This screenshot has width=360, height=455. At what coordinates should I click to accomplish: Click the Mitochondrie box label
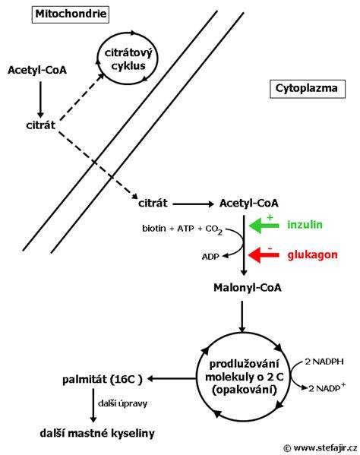(x=71, y=14)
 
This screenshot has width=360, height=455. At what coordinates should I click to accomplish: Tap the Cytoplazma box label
(x=308, y=89)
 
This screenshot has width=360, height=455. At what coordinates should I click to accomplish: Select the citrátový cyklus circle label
(x=128, y=59)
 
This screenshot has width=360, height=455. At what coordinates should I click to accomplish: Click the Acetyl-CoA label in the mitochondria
(x=37, y=70)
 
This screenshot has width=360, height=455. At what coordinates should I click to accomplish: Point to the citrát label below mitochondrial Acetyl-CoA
(x=40, y=125)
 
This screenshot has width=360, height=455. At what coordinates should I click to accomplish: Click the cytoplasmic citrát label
(x=153, y=203)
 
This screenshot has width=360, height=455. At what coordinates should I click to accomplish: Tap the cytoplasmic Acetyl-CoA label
(x=249, y=203)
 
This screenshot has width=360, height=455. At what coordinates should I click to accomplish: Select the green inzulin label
(x=305, y=225)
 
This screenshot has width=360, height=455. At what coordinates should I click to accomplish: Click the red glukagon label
(x=313, y=254)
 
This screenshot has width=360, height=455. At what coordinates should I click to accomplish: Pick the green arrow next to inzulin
(x=264, y=226)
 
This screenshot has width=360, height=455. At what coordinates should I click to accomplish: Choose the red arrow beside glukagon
(x=264, y=255)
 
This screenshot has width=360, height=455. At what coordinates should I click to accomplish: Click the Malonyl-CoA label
(x=248, y=288)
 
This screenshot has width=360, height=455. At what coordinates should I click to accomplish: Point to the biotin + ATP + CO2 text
(x=182, y=229)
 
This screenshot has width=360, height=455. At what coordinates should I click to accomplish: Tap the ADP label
(x=210, y=257)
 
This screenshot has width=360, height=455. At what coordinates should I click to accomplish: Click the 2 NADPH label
(x=324, y=362)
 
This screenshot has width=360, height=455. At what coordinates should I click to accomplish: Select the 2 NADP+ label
(x=327, y=387)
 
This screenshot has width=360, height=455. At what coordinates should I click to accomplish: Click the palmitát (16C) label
(x=103, y=379)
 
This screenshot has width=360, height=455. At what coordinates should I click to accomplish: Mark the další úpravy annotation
(x=123, y=403)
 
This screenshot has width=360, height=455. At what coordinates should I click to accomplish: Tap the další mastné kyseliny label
(x=97, y=434)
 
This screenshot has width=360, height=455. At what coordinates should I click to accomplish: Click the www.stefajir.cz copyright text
(x=320, y=448)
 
